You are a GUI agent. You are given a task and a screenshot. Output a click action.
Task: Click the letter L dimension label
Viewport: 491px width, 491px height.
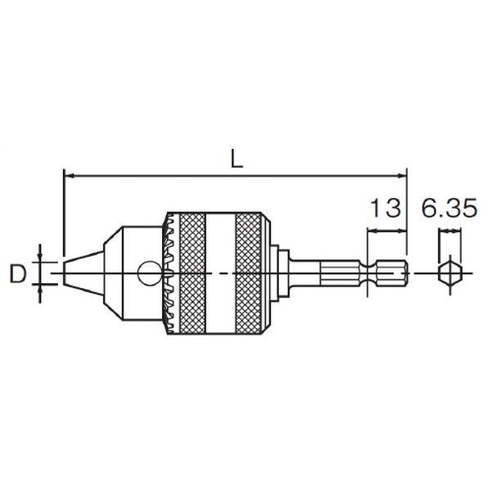tap(236, 158)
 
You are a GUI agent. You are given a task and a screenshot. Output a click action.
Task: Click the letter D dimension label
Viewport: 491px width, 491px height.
tap(17, 273)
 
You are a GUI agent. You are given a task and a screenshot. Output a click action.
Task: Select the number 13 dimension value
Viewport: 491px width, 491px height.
tap(385, 208)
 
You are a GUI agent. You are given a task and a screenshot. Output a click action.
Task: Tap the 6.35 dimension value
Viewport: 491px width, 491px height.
tap(449, 208)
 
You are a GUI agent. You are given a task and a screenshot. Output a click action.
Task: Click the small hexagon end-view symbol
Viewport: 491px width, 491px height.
tap(450, 273)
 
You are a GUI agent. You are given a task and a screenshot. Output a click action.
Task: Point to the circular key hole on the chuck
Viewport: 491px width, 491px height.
tap(150, 273)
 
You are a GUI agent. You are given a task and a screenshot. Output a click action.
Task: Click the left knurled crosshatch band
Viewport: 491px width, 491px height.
tap(192, 273)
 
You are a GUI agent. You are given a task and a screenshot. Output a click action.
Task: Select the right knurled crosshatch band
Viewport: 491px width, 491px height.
tap(248, 273)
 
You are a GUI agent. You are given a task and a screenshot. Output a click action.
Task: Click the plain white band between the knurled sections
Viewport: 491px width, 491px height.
tap(220, 273)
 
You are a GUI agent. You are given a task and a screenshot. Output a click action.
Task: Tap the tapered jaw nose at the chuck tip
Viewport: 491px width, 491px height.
tap(83, 273)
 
